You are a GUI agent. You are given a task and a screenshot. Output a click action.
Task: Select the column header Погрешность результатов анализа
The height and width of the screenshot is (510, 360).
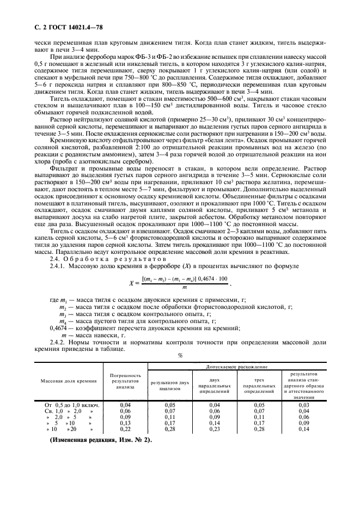point(125,382)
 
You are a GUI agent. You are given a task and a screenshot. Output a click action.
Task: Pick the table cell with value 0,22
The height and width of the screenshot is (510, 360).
point(125,429)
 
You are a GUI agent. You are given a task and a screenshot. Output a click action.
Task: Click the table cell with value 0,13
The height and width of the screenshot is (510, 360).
point(125,423)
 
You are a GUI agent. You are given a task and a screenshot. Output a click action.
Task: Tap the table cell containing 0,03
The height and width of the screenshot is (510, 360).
point(304,405)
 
